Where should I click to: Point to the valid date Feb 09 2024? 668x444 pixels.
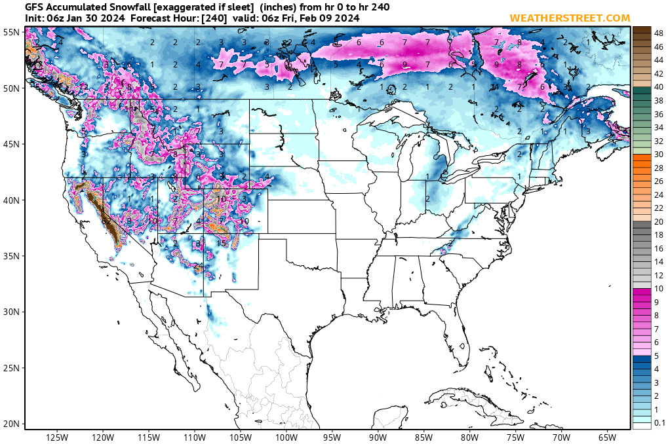[x=330, y=18]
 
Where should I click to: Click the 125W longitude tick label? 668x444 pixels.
[x=58, y=437]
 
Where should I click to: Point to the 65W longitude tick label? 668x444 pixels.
[x=607, y=437]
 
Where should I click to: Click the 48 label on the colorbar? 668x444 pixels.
[x=659, y=31]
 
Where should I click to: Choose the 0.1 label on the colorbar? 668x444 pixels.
[x=659, y=423]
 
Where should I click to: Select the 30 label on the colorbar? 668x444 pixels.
[x=659, y=154]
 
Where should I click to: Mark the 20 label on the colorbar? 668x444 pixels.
[x=659, y=221]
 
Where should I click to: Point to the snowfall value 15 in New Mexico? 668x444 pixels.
[x=222, y=243]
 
